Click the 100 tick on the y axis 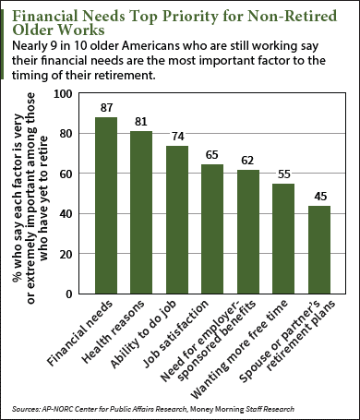click(66, 93)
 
